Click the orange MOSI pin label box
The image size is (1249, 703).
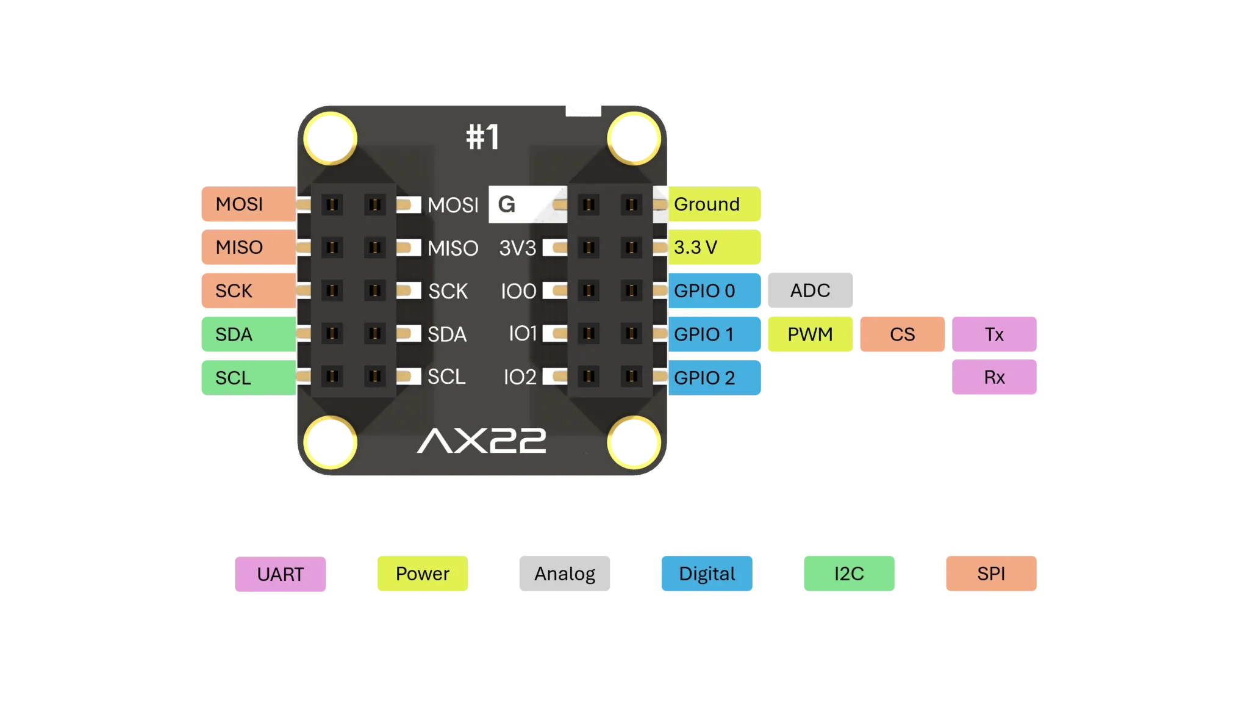tap(247, 204)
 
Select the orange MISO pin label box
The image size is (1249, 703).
tap(247, 248)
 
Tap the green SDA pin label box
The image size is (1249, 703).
tap(247, 334)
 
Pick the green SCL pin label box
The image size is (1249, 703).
tap(247, 378)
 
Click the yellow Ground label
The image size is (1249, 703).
tap(715, 204)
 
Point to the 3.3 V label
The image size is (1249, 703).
tap(715, 248)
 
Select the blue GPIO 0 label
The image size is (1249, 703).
tap(715, 291)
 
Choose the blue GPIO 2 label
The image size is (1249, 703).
tap(715, 378)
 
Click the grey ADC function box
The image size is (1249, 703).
tap(810, 290)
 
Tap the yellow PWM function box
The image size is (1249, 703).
tap(810, 334)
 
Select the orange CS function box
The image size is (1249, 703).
tap(903, 334)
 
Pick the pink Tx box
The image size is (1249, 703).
tap(995, 334)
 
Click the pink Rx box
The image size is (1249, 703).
tap(995, 377)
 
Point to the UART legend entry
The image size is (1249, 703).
tap(281, 575)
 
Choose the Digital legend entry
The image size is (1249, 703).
tap(707, 574)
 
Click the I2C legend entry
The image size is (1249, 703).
tap(849, 574)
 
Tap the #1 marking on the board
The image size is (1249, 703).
tap(482, 137)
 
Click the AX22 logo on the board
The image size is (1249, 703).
tap(482, 441)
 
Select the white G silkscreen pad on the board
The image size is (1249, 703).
tap(508, 204)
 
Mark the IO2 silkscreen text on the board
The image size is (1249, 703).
tap(520, 377)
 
